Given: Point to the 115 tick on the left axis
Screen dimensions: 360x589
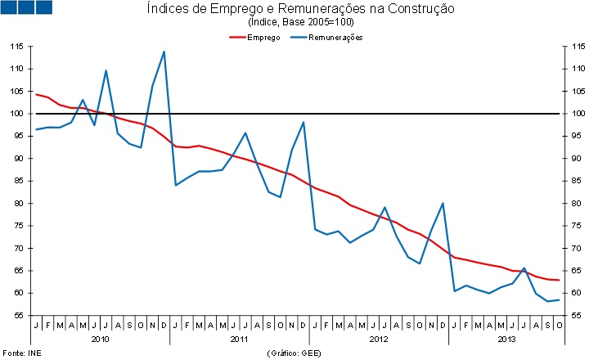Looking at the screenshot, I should click(17, 47).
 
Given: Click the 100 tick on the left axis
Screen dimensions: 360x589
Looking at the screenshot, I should click(17, 114).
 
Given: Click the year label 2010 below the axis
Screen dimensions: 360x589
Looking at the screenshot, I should click(100, 338).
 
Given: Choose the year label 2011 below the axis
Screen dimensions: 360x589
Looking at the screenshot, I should click(240, 338).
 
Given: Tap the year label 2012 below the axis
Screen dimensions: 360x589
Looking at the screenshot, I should click(379, 338).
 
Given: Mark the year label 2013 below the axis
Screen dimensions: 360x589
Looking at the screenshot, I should click(507, 338).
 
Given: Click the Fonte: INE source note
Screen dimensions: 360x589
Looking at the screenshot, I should click(18, 353).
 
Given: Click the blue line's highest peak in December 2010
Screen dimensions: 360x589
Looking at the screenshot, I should click(164, 52).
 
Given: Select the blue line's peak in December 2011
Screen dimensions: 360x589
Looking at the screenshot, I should click(303, 122).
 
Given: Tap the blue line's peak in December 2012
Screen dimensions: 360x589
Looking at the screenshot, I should click(443, 203).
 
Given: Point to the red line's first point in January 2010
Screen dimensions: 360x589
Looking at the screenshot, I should click(36, 95).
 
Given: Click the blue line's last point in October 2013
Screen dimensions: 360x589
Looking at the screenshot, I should click(559, 299).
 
